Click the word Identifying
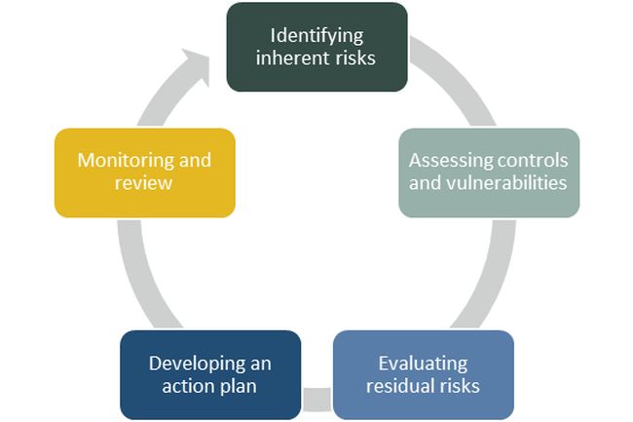coord(316,36)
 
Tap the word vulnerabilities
coord(515,182)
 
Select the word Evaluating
coord(423,364)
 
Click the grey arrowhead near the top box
coord(201,66)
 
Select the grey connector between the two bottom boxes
coord(316,399)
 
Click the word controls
coord(525,161)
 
